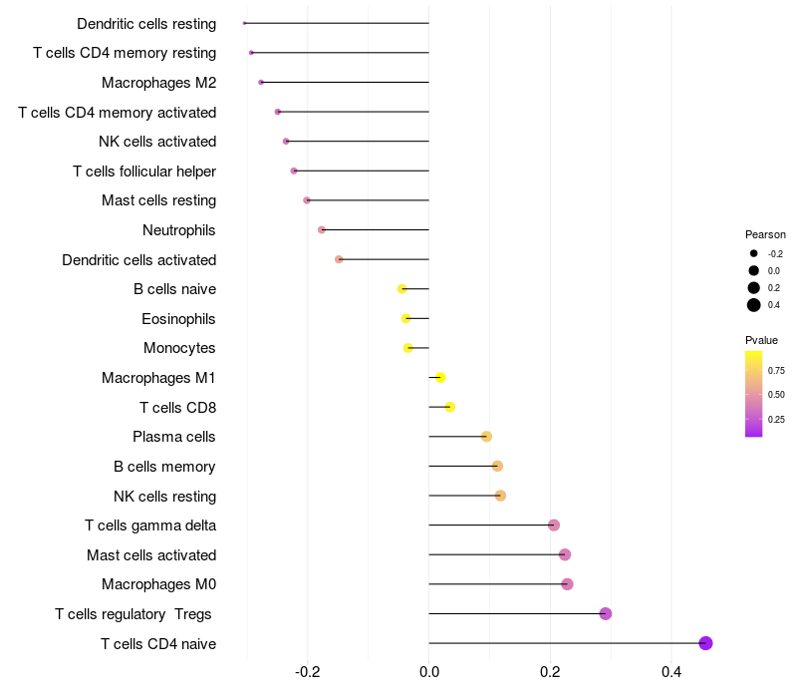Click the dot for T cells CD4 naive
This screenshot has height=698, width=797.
tap(705, 643)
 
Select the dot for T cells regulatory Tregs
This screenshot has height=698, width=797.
tap(605, 613)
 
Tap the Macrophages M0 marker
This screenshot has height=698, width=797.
tap(567, 584)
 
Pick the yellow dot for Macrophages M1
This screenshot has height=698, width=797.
tap(440, 377)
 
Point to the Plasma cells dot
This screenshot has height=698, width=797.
tap(486, 437)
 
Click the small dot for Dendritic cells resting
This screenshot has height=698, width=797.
tap(244, 23)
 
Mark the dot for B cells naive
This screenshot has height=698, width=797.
tap(402, 289)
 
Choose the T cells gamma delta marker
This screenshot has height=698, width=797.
tap(554, 525)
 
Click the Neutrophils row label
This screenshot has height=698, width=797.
tap(179, 230)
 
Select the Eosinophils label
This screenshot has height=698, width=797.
tap(178, 319)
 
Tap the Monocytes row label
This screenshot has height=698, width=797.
tap(179, 348)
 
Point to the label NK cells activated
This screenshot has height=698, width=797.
tap(157, 142)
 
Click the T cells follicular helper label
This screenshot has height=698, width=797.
tap(144, 172)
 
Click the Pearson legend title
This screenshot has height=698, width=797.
tap(765, 234)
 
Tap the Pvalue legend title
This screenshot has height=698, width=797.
tap(762, 340)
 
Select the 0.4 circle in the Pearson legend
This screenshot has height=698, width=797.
tap(754, 305)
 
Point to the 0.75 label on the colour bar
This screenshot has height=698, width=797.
tap(776, 370)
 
